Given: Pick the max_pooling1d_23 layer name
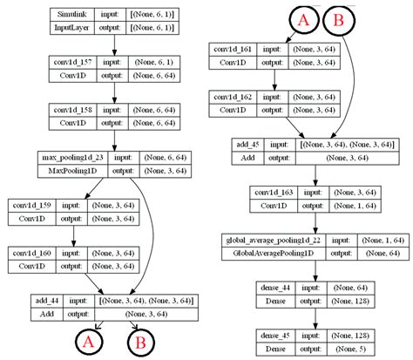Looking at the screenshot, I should [69, 158].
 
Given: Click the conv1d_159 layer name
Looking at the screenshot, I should [32, 206].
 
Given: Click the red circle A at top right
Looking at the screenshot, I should [304, 20].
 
